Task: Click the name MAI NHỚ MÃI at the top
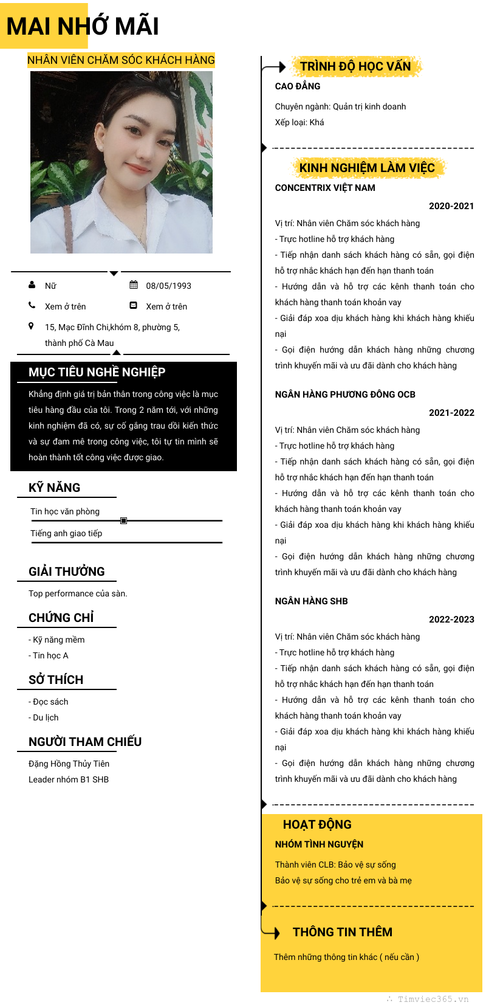pyautogui.click(x=83, y=27)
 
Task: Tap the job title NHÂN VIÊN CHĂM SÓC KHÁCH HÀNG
pyautogui.click(x=121, y=60)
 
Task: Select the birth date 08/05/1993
pyautogui.click(x=168, y=286)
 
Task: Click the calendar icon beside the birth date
pyautogui.click(x=134, y=285)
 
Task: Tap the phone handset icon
pyautogui.click(x=32, y=305)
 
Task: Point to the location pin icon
pyautogui.click(x=32, y=326)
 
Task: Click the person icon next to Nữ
pyautogui.click(x=32, y=285)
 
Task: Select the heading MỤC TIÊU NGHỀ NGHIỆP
pyautogui.click(x=97, y=372)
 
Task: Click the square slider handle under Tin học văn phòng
pyautogui.click(x=123, y=520)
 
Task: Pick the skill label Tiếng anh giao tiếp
pyautogui.click(x=66, y=533)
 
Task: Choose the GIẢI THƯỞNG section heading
pyautogui.click(x=66, y=571)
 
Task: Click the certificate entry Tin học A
pyautogui.click(x=50, y=655)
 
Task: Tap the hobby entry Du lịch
pyautogui.click(x=46, y=717)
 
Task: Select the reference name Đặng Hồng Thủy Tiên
pyautogui.click(x=69, y=764)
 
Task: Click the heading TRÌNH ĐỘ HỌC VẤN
pyautogui.click(x=355, y=66)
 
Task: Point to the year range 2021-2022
pyautogui.click(x=451, y=413)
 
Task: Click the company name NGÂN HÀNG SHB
pyautogui.click(x=311, y=601)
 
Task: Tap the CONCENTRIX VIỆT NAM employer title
pyautogui.click(x=325, y=188)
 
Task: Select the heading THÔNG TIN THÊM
pyautogui.click(x=342, y=932)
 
